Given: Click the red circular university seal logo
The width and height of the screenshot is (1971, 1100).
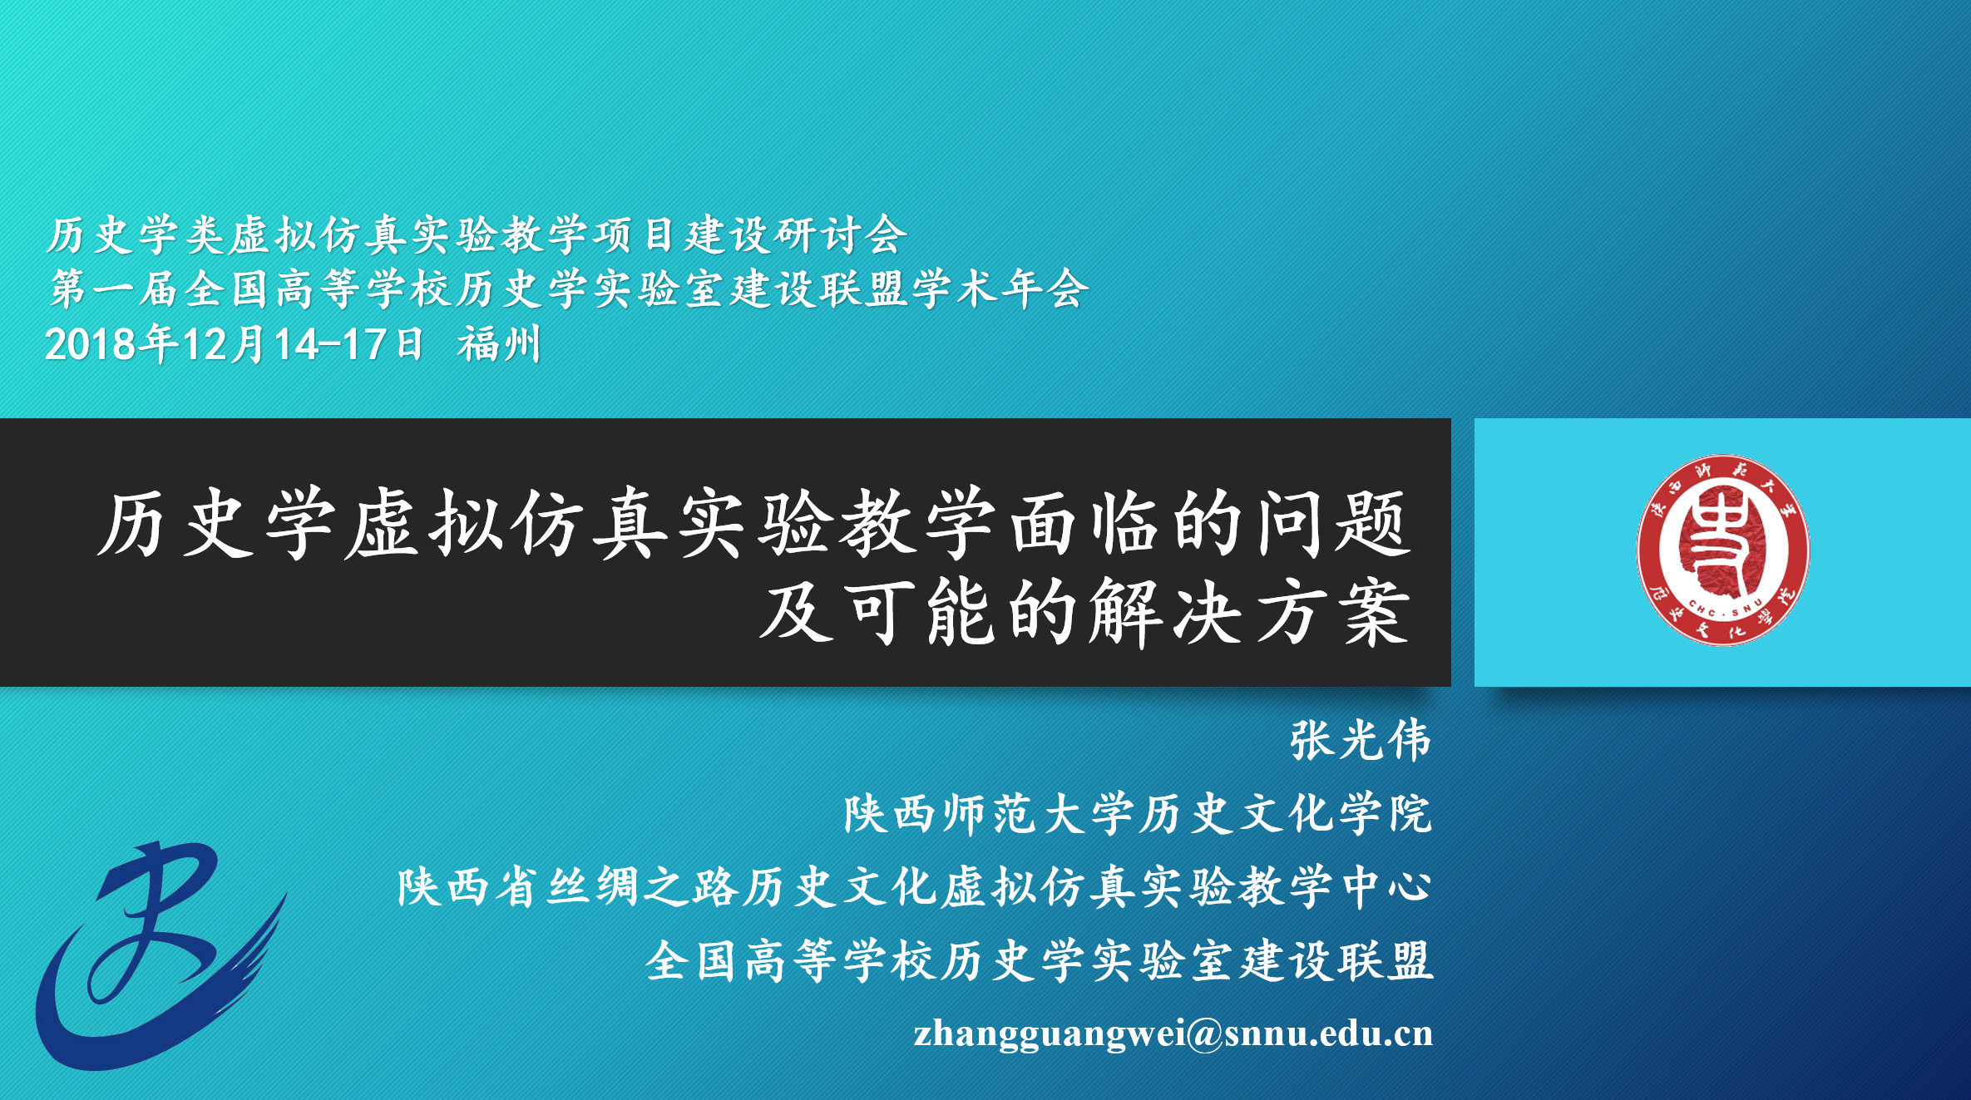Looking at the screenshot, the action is [1722, 550].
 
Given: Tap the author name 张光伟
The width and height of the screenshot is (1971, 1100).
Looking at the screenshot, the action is [1361, 740].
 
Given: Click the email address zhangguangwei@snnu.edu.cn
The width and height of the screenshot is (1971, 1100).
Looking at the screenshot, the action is [1173, 1033].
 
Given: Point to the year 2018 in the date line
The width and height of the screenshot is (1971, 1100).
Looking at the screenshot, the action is [90, 344].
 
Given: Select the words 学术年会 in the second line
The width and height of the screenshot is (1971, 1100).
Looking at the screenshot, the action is [1000, 289].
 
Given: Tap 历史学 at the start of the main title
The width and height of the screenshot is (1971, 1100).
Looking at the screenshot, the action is [217, 523].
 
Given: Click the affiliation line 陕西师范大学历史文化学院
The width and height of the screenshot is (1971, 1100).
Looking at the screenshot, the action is [1138, 813].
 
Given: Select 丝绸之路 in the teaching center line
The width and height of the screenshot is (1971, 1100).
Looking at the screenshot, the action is [643, 886].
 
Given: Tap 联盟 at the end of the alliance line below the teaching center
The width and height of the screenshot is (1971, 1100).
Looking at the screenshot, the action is [1386, 960].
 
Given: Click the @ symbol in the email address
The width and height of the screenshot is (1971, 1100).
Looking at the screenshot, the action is [1204, 1034].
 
